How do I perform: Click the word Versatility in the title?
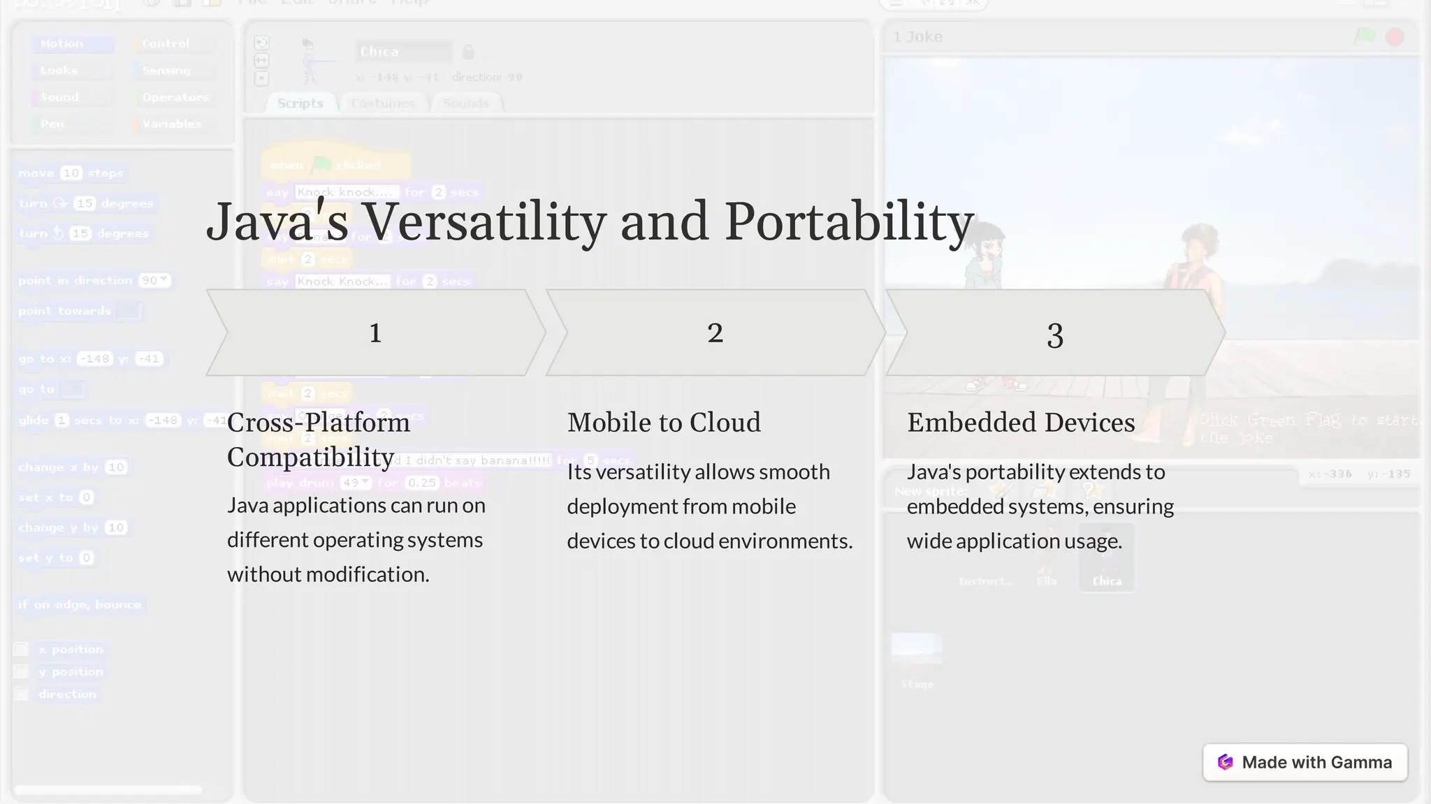[x=484, y=222]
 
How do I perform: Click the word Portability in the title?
[x=848, y=222]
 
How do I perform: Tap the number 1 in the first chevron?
[x=375, y=333]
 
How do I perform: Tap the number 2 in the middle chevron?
[x=715, y=333]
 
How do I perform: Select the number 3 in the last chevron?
[x=1054, y=336]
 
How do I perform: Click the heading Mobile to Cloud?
[x=663, y=423]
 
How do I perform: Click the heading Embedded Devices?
[x=1020, y=423]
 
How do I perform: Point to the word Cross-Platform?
[x=318, y=423]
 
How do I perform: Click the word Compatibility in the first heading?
[x=310, y=458]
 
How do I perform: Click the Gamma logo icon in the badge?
[x=1225, y=762]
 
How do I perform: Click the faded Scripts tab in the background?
[x=300, y=103]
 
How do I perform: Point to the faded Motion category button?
[x=61, y=44]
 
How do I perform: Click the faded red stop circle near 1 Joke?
[x=1394, y=37]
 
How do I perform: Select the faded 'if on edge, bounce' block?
[x=80, y=605]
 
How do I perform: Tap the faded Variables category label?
[x=172, y=124]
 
